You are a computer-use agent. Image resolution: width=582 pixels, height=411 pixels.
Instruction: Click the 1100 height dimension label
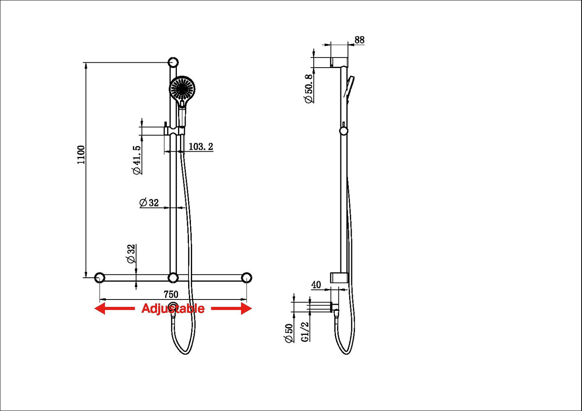tap(81, 155)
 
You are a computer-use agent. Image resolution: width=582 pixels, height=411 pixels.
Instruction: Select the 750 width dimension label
tap(171, 294)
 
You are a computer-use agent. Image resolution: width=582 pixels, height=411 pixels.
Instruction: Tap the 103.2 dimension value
tap(201, 147)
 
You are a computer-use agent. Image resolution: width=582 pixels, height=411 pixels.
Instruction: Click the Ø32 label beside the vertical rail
tap(149, 202)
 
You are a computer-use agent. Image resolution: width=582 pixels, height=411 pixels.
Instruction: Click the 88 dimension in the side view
tap(359, 40)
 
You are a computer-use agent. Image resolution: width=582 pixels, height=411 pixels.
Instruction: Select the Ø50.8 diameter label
tap(309, 89)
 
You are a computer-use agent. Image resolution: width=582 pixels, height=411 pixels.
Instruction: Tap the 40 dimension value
tap(316, 285)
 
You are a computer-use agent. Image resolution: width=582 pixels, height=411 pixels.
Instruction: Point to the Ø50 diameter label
tap(289, 333)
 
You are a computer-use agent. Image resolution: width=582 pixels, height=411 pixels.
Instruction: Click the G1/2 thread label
tap(305, 332)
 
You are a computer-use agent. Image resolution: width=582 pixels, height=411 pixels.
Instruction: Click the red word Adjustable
tap(173, 309)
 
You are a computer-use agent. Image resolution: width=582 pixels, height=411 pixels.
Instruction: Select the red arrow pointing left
tap(114, 309)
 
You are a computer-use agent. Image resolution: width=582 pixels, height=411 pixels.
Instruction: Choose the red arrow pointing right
tap(232, 309)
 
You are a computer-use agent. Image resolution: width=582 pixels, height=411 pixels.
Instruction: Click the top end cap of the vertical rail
tap(173, 62)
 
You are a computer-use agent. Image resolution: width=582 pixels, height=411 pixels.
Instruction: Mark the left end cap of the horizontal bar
tap(99, 278)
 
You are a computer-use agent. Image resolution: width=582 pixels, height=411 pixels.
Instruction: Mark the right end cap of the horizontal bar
tap(246, 278)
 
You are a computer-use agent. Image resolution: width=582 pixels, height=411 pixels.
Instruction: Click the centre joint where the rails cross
tap(173, 278)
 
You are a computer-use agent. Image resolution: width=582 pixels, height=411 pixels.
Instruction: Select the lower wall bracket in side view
tap(339, 278)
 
